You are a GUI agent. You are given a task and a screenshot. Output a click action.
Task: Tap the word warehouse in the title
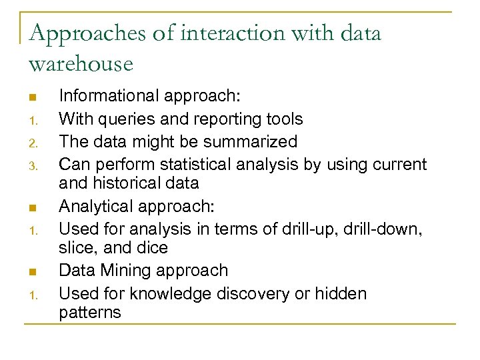pyautogui.click(x=81, y=64)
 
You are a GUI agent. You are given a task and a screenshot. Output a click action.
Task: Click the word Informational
pyautogui.click(x=107, y=97)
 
